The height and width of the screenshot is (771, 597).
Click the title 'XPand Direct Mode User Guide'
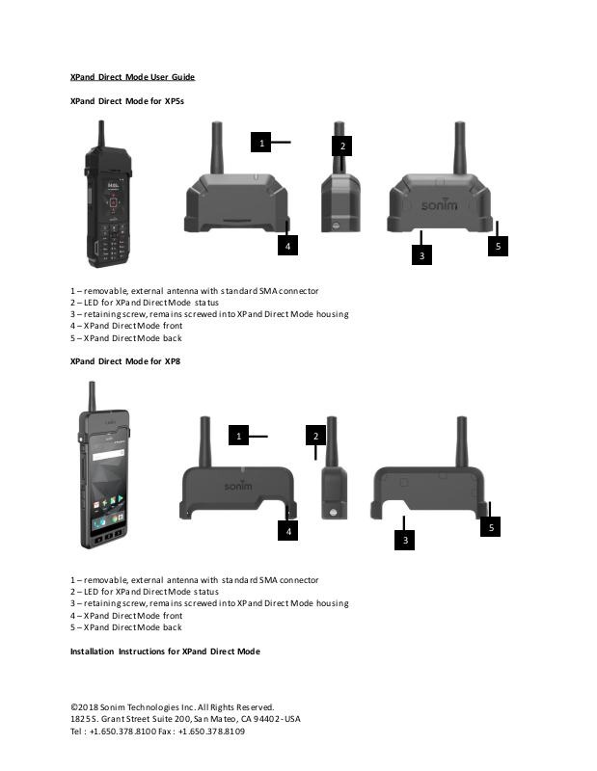pyautogui.click(x=133, y=76)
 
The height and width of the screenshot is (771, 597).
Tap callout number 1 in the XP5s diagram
pyautogui.click(x=260, y=144)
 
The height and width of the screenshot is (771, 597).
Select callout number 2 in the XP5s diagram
pyautogui.click(x=341, y=146)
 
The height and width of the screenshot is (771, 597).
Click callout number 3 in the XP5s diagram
pyautogui.click(x=421, y=255)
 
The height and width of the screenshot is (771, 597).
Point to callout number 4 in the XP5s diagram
pyautogui.click(x=286, y=248)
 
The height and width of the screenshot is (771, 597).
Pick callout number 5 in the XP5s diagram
pyautogui.click(x=498, y=247)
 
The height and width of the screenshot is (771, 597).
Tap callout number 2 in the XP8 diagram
pyautogui.click(x=315, y=437)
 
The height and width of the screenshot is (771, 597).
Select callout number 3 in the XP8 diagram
pyautogui.click(x=406, y=541)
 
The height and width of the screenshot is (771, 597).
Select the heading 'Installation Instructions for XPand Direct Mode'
pyautogui.click(x=165, y=651)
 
